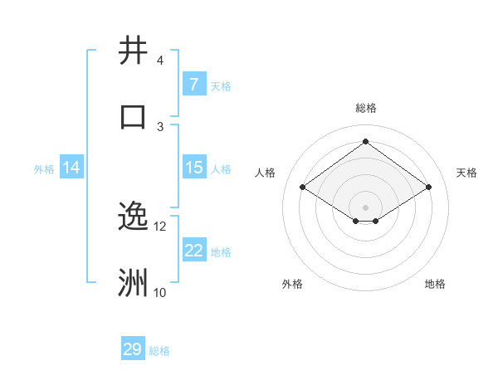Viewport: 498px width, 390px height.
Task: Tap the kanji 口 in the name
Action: click(133, 117)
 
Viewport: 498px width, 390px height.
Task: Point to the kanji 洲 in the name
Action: click(133, 283)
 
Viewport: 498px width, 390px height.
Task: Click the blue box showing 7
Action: click(193, 85)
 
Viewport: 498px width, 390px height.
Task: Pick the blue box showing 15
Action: click(193, 168)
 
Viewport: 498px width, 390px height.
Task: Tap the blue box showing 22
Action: click(193, 251)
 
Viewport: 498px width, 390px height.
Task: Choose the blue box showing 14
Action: click(71, 168)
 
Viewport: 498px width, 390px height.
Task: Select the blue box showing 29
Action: click(133, 349)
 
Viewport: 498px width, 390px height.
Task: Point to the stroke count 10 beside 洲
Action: click(159, 292)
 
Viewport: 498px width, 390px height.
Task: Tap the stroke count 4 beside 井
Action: click(159, 61)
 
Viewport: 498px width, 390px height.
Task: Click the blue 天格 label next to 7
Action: click(221, 85)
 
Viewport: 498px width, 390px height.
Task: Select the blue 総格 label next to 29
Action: click(159, 351)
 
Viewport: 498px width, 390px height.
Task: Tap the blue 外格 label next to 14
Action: click(44, 168)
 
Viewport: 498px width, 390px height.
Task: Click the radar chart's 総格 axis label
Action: click(365, 108)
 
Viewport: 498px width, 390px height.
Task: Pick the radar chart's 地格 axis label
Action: click(435, 284)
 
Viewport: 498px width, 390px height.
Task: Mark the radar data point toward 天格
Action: click(428, 188)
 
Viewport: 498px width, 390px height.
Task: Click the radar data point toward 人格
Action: click(303, 188)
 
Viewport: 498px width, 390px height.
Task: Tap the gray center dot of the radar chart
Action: click(365, 206)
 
